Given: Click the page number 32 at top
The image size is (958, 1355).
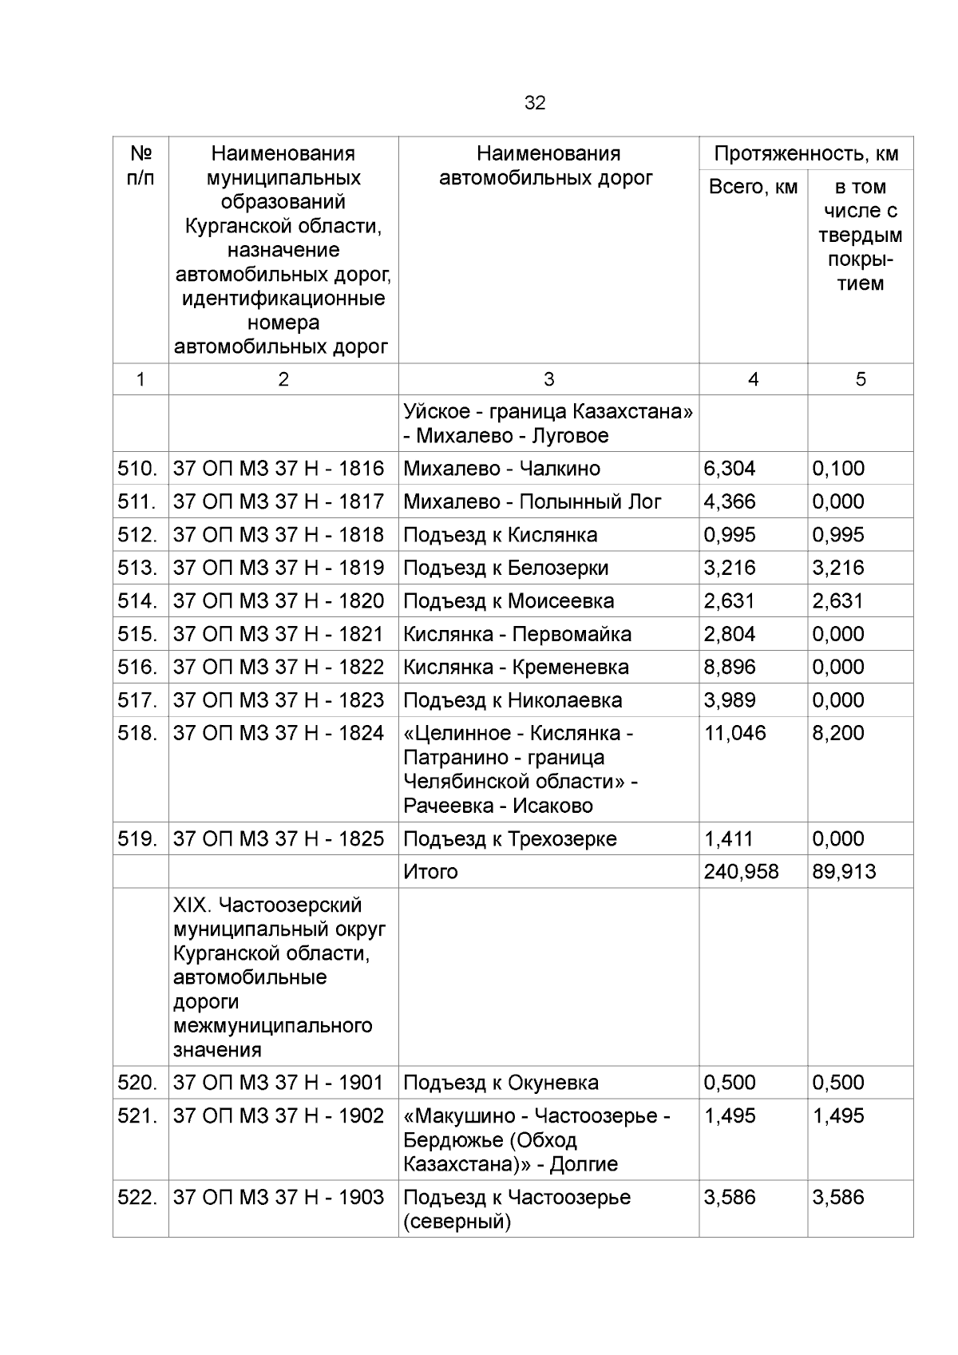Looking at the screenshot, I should coord(535,103).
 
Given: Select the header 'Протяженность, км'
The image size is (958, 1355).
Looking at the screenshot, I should coord(806,153).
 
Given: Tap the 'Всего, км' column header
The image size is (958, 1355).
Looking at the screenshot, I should coord(753,187).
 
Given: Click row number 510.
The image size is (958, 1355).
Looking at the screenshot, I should coord(137,469).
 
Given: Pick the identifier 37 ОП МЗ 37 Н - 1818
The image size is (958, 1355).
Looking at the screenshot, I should coord(279,535).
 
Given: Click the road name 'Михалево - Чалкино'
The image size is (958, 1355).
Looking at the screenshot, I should coord(501,469).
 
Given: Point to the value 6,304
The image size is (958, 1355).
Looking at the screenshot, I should coord(729,469).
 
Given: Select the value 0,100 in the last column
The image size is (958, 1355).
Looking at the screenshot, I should coord(838,469).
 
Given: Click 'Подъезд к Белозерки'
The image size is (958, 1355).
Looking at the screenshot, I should coord(505,568).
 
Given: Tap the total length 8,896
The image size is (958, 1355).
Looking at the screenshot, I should coord(729,667).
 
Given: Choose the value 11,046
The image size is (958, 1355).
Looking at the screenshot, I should coord(734,733).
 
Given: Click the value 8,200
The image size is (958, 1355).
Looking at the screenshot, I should coord(838,733).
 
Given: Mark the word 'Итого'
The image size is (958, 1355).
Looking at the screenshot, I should coord(430,871).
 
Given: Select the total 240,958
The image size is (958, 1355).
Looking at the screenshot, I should coord(741,871).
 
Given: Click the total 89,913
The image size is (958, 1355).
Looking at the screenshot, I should coord(844,871).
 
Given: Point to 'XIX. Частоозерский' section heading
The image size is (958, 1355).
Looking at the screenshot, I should coord(267,905).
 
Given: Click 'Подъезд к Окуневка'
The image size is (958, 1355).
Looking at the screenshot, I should coord(501,1083).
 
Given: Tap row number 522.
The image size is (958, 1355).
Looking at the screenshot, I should coord(138,1197).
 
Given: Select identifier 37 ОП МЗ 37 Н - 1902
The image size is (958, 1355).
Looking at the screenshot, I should coord(279,1115).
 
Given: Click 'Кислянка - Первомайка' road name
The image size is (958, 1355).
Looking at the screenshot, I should coord(517,634).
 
